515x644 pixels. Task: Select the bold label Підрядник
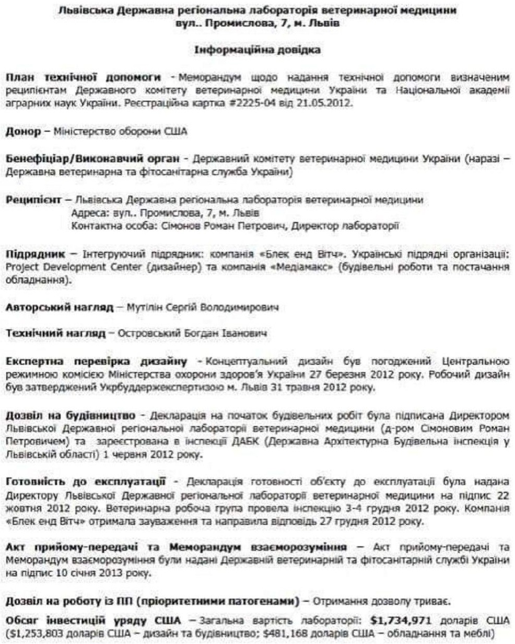34,256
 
